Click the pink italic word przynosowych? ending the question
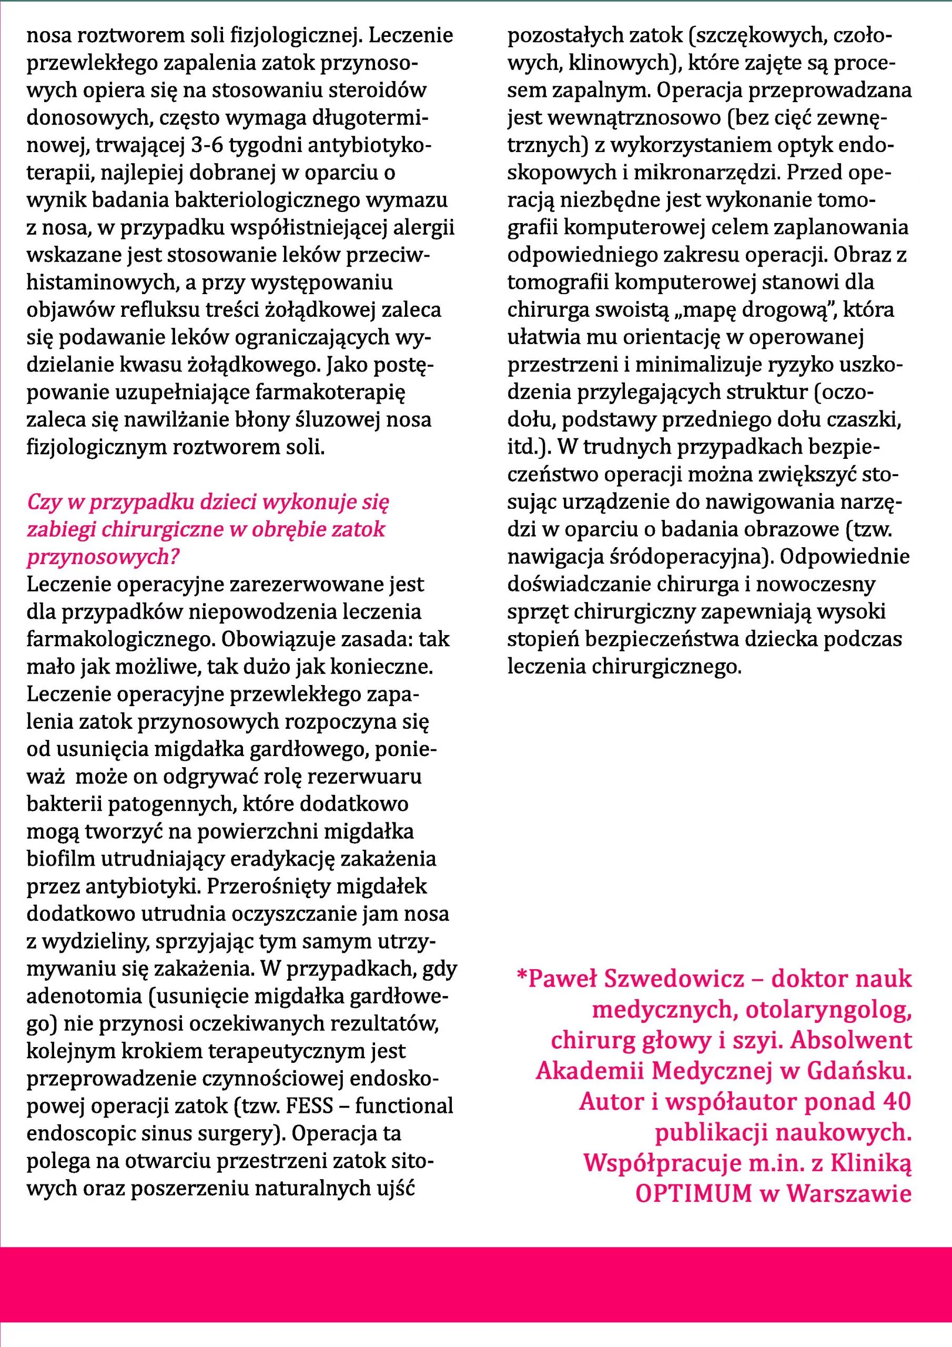103,557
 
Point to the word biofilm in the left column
61,859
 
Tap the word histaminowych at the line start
100,283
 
